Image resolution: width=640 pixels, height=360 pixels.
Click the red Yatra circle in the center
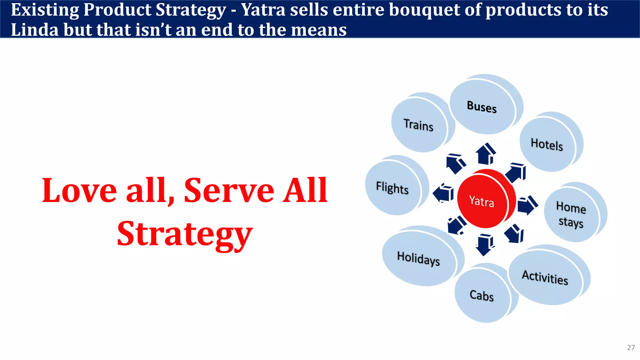tap(483, 200)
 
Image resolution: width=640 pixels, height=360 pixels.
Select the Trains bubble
tap(419, 125)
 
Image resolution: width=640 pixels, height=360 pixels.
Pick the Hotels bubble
tap(547, 144)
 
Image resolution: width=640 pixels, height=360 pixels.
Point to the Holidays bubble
tap(419, 258)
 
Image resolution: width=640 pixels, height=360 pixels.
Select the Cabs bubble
tap(482, 295)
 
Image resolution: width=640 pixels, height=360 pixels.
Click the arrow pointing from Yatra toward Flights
tap(443, 193)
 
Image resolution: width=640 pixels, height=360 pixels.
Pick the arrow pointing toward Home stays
tap(527, 205)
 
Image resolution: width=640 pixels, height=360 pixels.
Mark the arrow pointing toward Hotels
tap(516, 173)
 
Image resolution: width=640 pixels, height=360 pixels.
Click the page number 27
tap(631, 347)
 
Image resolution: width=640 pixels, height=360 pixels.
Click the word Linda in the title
tap(35, 30)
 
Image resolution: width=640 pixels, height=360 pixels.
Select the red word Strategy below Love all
tap(185, 234)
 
